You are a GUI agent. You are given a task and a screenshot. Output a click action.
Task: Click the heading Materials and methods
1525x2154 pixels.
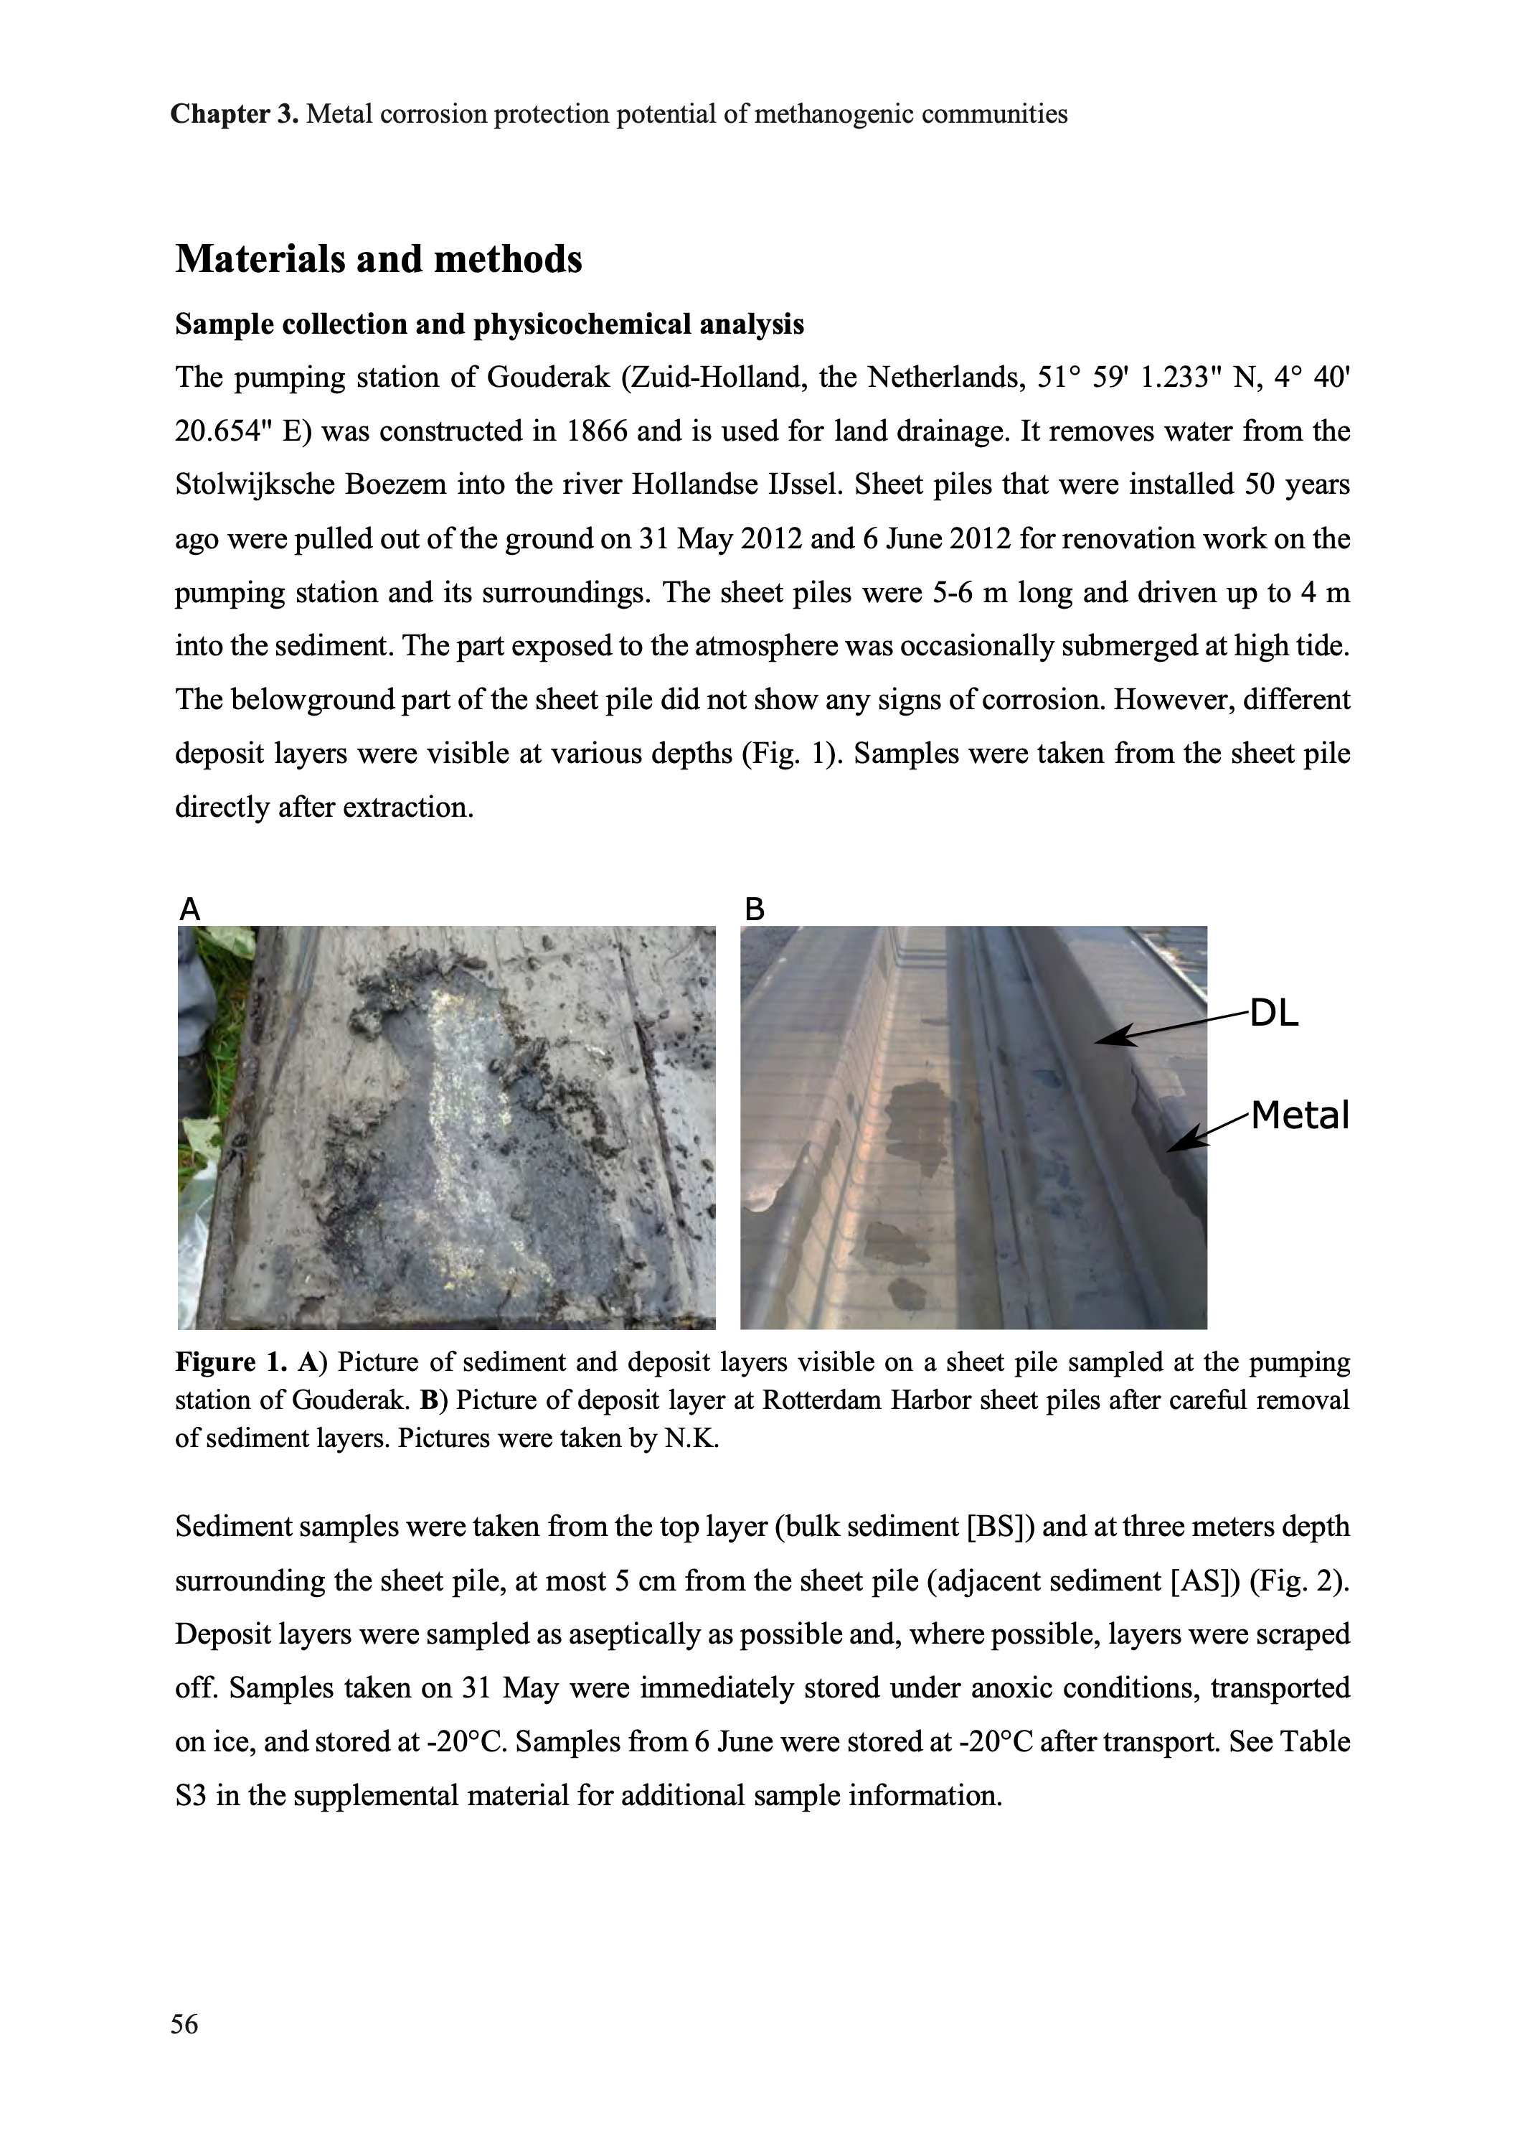click(379, 259)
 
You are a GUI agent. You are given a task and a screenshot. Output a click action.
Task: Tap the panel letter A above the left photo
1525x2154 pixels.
click(189, 909)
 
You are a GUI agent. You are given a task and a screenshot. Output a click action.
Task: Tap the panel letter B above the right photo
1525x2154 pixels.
click(754, 909)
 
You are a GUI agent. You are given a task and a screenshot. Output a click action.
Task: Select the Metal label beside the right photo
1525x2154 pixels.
click(1300, 1115)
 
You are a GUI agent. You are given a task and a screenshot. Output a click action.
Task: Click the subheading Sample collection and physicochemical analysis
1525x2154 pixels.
click(489, 324)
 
